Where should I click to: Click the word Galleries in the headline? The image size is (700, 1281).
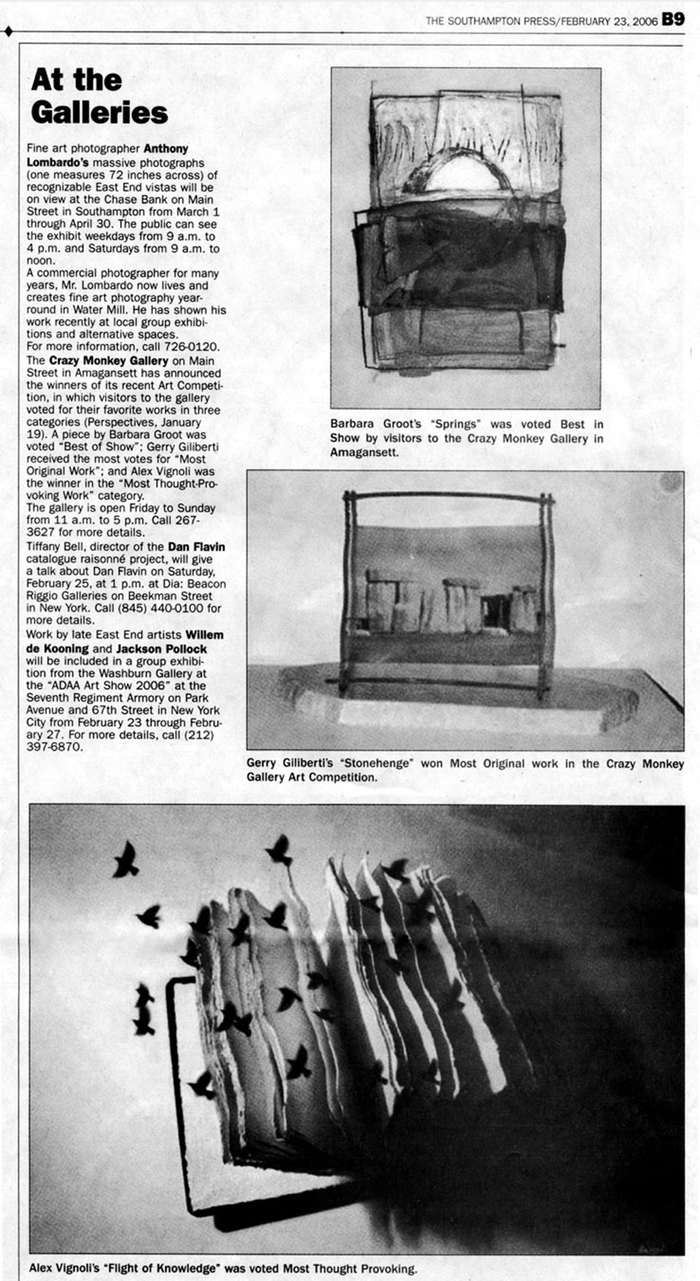99,111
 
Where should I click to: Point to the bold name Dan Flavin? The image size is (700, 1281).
202,546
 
